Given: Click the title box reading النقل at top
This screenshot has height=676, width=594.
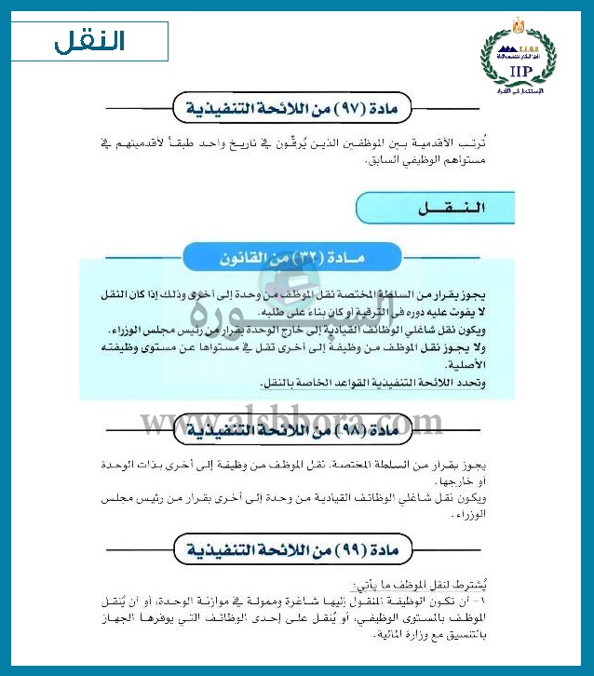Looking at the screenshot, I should [91, 41].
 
